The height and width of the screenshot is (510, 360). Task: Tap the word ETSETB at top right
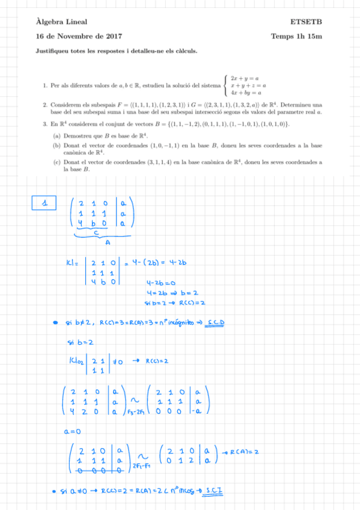click(x=307, y=22)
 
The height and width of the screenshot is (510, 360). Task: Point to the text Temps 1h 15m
click(x=297, y=37)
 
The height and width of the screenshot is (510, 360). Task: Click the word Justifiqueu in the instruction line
click(x=51, y=51)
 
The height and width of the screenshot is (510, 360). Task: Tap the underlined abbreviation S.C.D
click(x=215, y=323)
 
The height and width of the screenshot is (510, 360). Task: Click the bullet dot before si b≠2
click(x=55, y=324)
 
